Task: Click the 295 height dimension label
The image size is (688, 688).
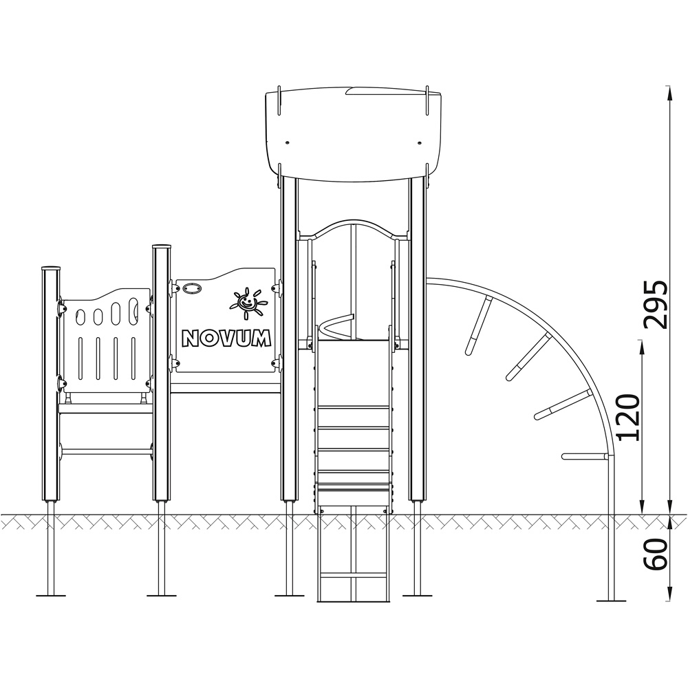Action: point(655,305)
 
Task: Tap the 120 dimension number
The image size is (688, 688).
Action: point(628,418)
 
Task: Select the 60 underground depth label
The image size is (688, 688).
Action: point(655,554)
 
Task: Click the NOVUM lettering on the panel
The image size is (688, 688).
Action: point(226,338)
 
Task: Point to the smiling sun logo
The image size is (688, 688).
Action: point(248,303)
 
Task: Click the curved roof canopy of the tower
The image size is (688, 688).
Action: point(353,134)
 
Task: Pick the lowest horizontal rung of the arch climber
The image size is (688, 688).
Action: point(585,456)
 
